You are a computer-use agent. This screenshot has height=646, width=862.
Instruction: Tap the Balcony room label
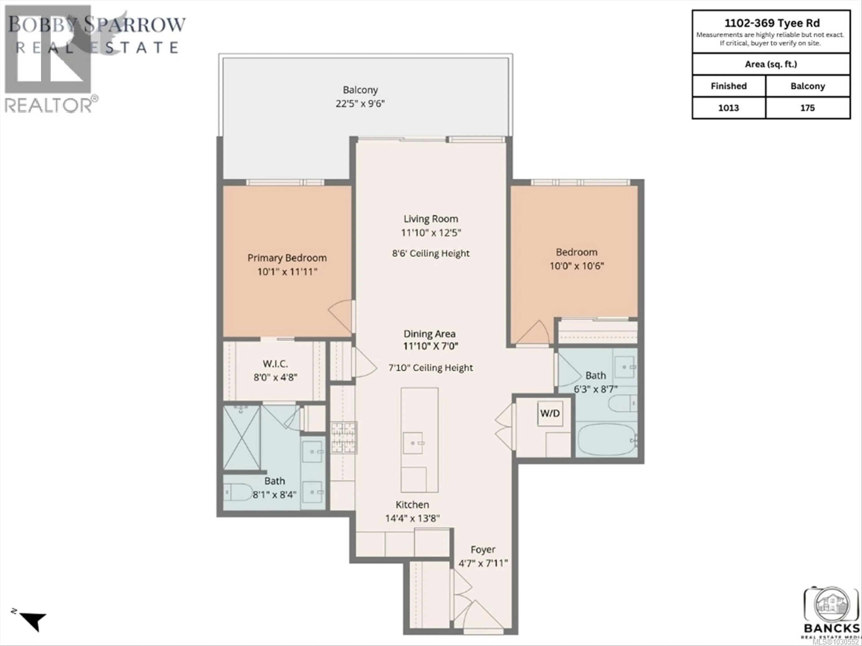coord(360,90)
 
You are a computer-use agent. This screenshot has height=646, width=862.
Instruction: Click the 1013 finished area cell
coord(728,108)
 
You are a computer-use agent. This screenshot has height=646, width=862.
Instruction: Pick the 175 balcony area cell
coord(807,108)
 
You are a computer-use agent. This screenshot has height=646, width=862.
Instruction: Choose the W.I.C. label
coord(275,364)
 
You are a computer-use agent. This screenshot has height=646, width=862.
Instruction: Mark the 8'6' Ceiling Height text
coord(431,253)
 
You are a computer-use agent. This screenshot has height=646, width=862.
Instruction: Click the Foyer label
coord(483,549)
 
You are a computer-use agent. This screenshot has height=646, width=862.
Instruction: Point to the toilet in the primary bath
coord(238,492)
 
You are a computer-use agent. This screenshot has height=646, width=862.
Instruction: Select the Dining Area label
coord(429,334)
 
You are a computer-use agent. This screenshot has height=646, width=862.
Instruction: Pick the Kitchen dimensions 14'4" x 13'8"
coord(412,518)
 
